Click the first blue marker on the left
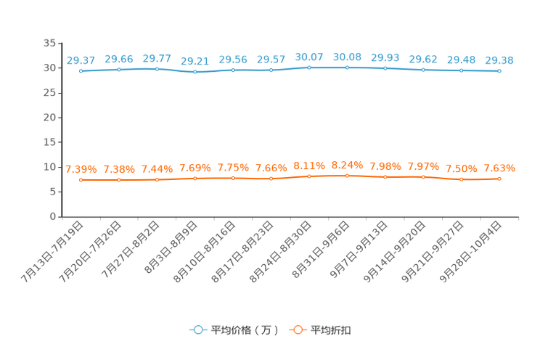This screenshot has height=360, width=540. click(81, 71)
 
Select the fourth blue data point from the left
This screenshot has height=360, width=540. click(195, 72)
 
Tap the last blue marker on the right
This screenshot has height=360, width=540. click(499, 71)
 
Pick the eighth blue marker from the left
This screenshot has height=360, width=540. click(347, 67)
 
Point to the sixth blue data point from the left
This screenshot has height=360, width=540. click(271, 70)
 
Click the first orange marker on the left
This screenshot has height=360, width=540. click(81, 179)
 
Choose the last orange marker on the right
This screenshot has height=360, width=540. click(499, 178)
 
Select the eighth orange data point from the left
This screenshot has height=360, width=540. click(347, 175)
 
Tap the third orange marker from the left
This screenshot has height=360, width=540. click(157, 179)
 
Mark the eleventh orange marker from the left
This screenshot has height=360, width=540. click(462, 179)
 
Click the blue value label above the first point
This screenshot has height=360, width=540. click(81, 60)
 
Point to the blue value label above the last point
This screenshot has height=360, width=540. click(499, 60)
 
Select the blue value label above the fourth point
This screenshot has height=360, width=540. click(195, 61)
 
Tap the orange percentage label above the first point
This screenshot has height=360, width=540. click(81, 169)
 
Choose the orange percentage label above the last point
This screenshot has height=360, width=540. click(499, 168)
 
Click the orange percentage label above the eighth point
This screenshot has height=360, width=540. click(347, 165)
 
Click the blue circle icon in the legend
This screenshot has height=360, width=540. click(198, 330)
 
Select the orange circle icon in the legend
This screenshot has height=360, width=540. click(298, 330)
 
